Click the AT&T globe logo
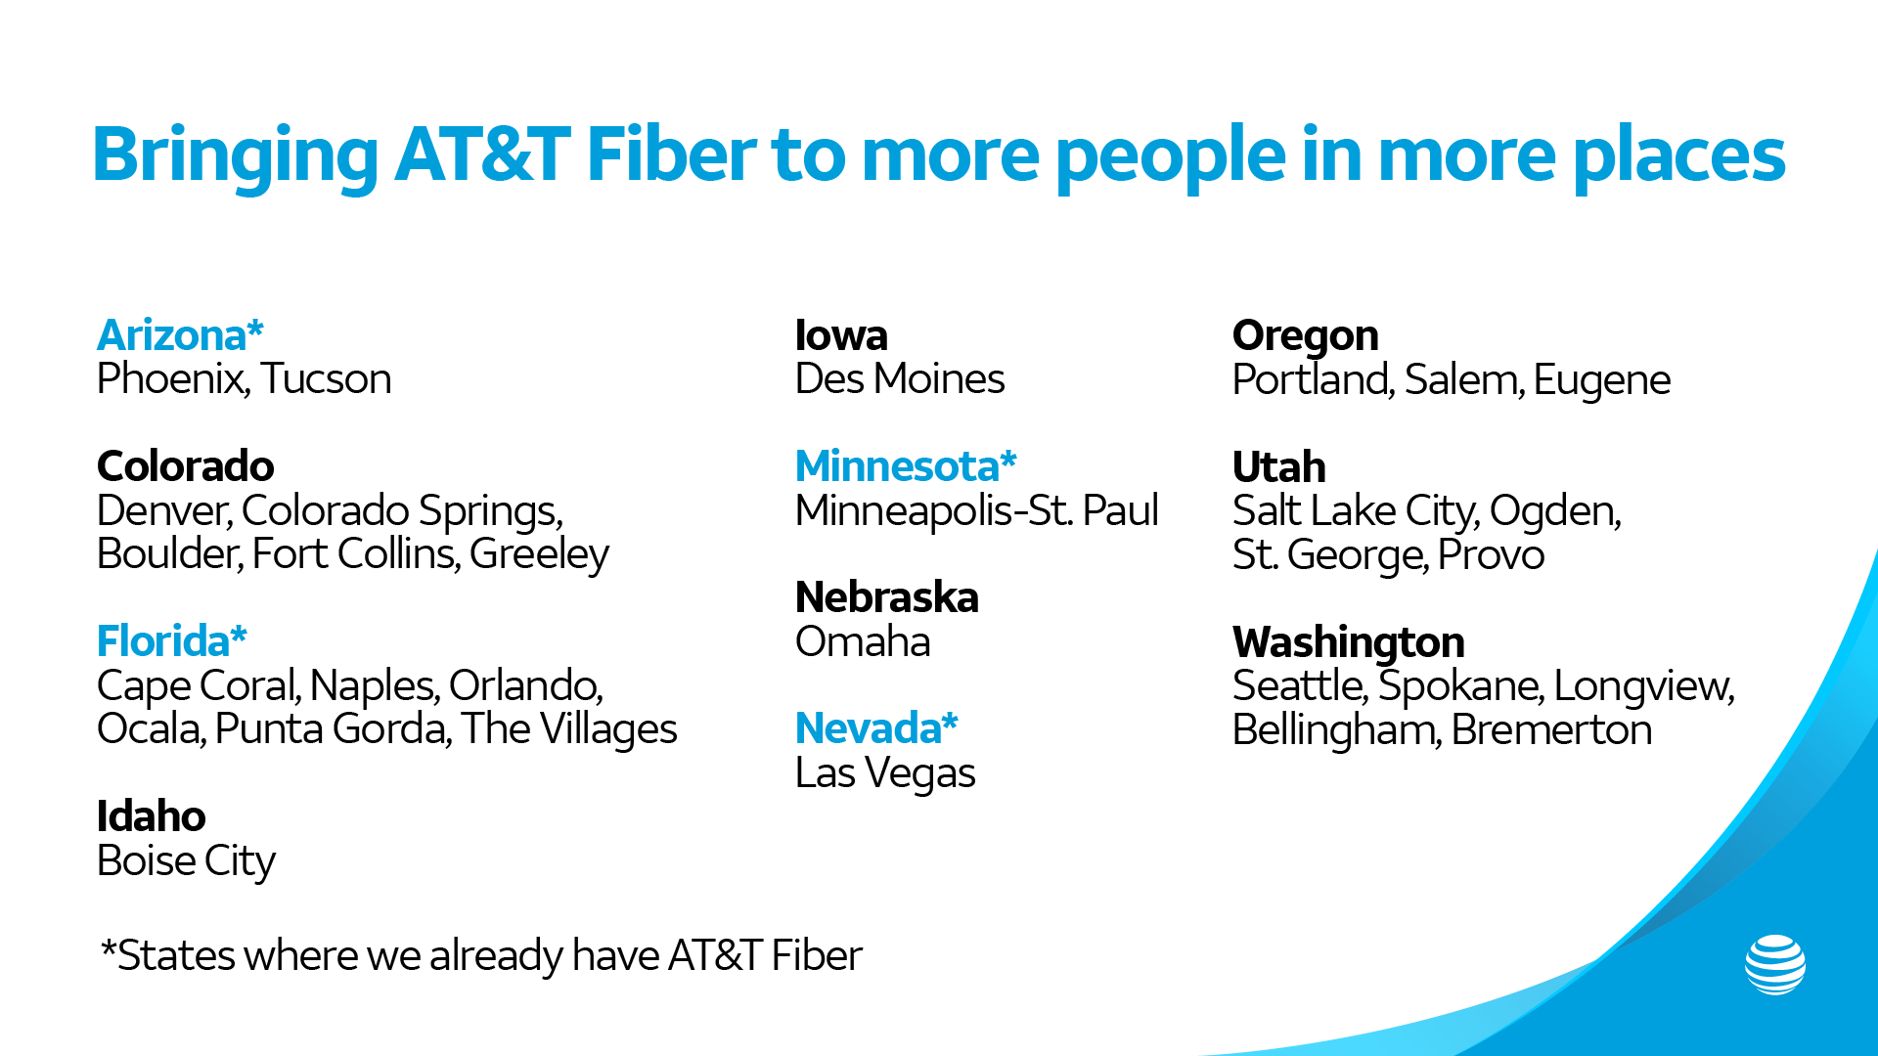coord(1774,965)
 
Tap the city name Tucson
coord(326,379)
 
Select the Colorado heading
coord(185,466)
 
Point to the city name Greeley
coord(539,554)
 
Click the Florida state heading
coord(171,641)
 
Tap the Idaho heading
coord(151,816)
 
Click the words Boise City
coord(186,861)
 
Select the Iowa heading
coord(841,335)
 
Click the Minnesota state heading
coord(906,466)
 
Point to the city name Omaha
coord(863,642)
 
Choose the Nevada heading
coord(876,728)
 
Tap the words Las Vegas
coord(885,773)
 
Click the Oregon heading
coord(1305,335)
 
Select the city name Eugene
coord(1601,380)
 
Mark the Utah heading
coord(1278,467)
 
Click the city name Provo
coord(1491,555)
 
